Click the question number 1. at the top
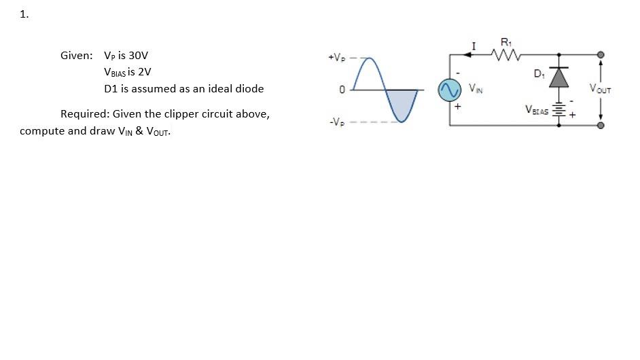point(24,14)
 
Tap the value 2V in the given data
point(144,71)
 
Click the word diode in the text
point(249,88)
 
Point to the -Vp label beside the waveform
point(337,122)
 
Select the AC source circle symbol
point(448,90)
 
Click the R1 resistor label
point(505,42)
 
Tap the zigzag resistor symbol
point(508,54)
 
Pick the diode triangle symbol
point(559,77)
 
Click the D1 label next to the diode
point(539,73)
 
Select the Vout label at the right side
point(600,89)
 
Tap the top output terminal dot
point(600,54)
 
